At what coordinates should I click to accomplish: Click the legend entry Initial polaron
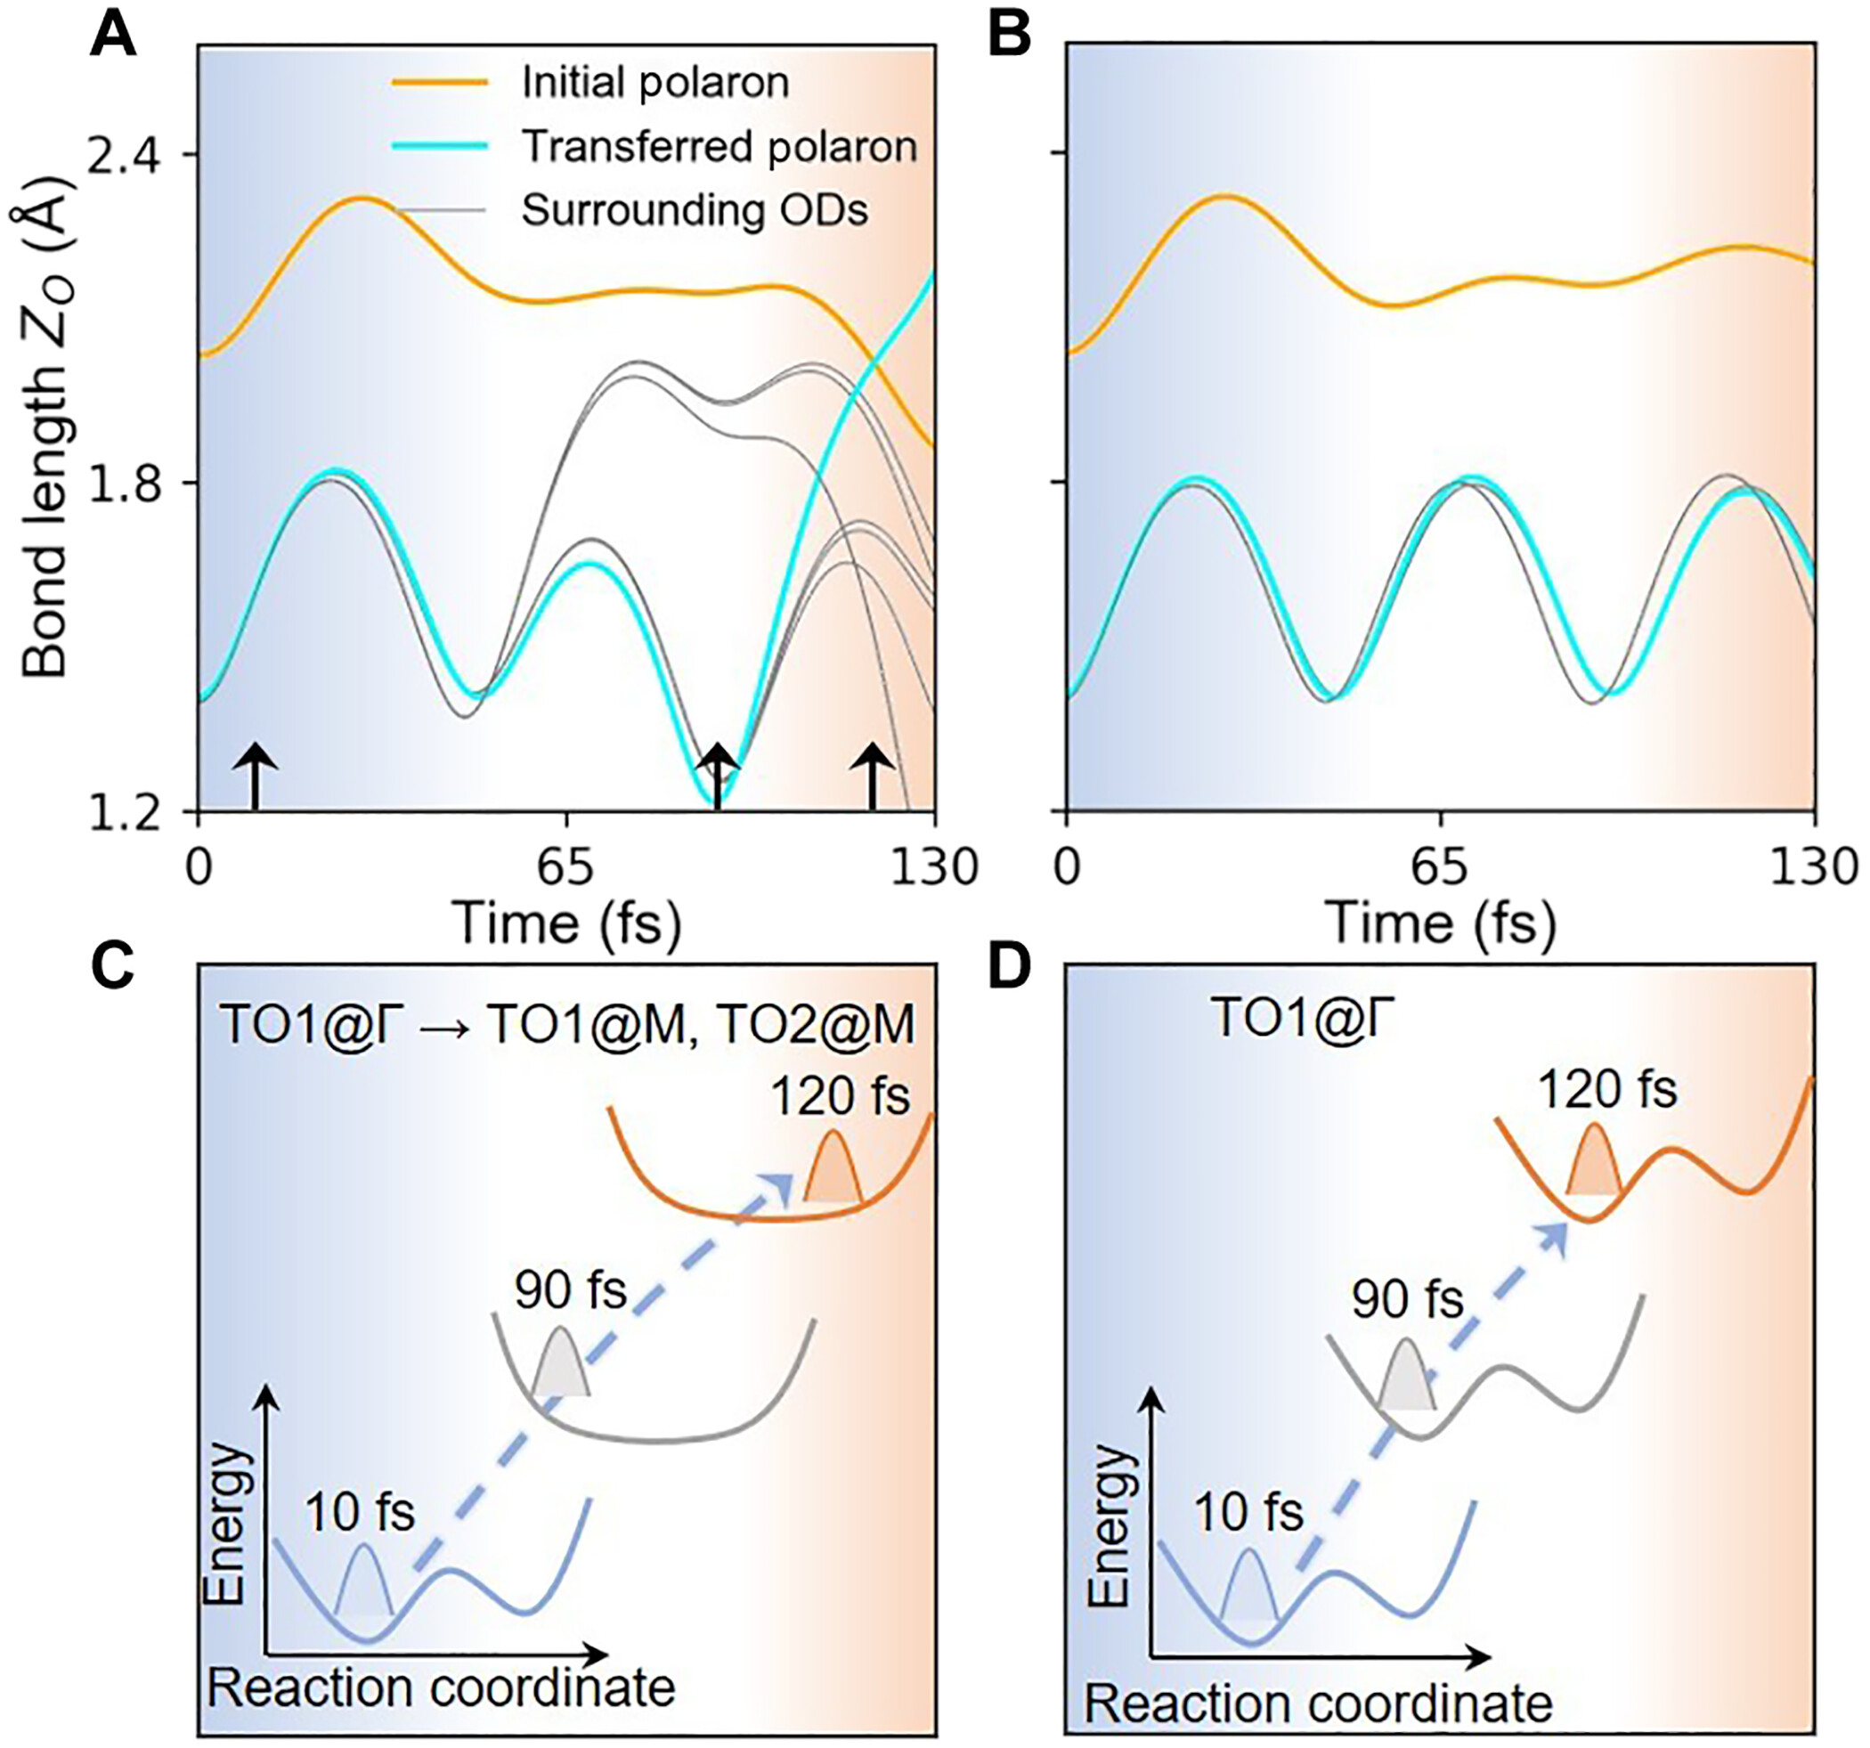[x=655, y=83]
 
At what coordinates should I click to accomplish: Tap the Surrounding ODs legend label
[x=695, y=210]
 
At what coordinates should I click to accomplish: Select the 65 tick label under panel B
[x=1440, y=867]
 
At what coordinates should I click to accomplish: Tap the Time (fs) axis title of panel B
[x=1440, y=923]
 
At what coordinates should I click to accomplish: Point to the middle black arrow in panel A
[x=719, y=776]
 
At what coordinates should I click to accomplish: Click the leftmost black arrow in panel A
[x=253, y=776]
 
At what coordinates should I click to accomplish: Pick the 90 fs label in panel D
[x=1407, y=1300]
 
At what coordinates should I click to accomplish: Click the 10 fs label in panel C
[x=360, y=1513]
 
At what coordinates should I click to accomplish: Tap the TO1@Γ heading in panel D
[x=1301, y=1018]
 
